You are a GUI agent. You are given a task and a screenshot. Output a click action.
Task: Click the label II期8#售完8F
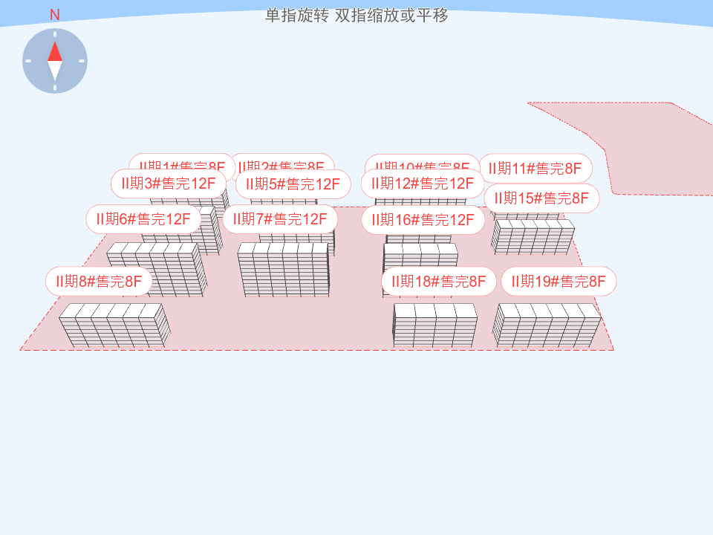tap(99, 282)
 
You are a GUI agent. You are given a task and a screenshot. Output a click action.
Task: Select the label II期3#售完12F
tap(169, 184)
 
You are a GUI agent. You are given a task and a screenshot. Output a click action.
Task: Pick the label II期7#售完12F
tap(280, 219)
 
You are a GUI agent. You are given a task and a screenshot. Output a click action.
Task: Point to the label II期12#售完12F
tap(423, 184)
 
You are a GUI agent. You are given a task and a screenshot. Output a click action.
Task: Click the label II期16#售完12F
tap(423, 220)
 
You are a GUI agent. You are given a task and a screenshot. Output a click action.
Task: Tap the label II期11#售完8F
tap(535, 169)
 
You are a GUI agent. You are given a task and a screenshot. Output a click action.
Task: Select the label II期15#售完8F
tap(541, 198)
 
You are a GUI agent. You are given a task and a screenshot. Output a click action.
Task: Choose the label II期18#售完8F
tap(439, 282)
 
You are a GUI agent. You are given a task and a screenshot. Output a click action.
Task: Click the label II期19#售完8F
tap(559, 282)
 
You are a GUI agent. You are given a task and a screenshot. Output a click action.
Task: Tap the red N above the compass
tap(54, 15)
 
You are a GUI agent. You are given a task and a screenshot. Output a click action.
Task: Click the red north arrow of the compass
tap(55, 51)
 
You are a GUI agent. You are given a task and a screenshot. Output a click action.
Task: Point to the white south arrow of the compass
tap(55, 71)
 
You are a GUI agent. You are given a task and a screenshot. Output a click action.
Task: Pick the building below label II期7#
tap(283, 269)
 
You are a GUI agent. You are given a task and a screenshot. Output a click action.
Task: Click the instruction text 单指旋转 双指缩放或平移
tap(356, 16)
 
